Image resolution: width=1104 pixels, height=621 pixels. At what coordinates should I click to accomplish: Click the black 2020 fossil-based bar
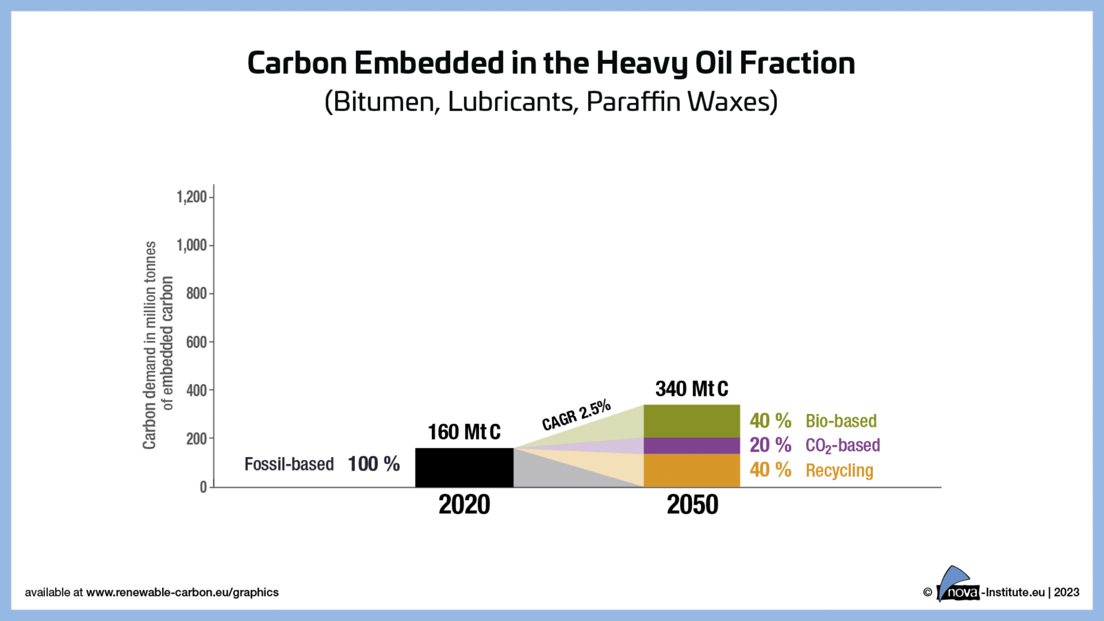coord(464,467)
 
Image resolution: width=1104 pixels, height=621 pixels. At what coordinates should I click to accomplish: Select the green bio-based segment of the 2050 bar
coord(692,421)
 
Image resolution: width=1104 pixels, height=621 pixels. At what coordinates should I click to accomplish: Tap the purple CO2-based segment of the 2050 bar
coord(692,446)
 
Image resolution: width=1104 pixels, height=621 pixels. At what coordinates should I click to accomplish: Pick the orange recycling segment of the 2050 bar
coord(692,470)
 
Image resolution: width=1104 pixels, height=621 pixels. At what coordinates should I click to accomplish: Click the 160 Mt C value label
coord(464,432)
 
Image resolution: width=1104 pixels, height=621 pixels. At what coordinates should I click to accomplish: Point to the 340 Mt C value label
coord(692,389)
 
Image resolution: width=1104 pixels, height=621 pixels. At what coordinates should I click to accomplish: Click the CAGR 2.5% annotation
coord(576,416)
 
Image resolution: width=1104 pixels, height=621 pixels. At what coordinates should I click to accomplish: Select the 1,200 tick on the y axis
coord(192,197)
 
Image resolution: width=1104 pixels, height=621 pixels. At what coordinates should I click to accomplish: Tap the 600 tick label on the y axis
coord(197,342)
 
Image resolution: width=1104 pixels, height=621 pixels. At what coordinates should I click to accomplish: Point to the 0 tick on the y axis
coord(203,487)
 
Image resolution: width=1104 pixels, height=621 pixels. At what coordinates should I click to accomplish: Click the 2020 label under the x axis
coord(464,505)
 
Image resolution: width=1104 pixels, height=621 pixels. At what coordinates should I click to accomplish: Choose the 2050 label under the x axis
coord(692,505)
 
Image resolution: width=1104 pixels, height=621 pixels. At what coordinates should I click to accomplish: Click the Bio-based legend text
coord(841,421)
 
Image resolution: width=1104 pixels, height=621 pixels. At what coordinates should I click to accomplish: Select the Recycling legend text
coord(839,471)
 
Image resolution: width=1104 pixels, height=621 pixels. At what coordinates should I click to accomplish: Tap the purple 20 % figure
coord(770,445)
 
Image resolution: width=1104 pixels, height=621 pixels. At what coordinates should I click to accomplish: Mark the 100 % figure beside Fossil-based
coord(374,464)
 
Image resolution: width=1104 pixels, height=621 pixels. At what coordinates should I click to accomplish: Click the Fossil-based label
coord(289,464)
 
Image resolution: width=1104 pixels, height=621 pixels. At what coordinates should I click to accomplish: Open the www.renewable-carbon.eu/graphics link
coord(182,592)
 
